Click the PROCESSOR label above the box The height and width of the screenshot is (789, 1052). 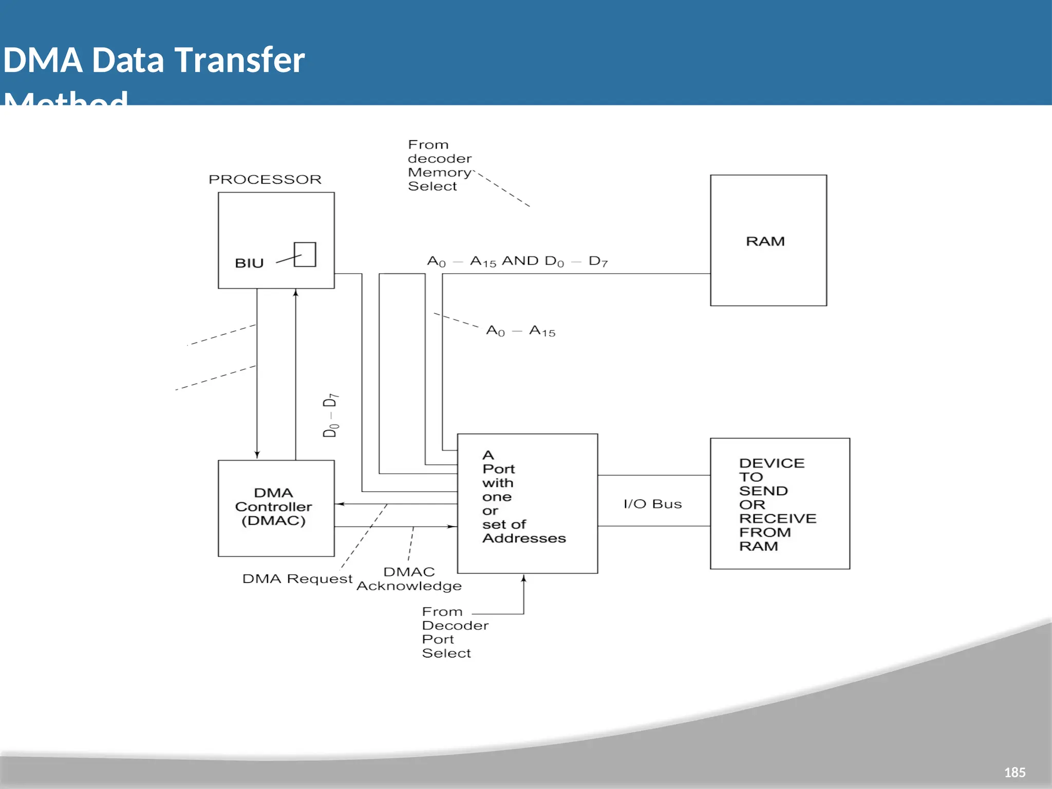265,179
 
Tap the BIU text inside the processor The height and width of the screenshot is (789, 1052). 249,263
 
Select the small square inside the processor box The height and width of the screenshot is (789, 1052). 305,254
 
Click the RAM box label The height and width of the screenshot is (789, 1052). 765,241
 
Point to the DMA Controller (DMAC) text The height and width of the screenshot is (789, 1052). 273,506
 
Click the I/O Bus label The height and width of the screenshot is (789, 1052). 652,504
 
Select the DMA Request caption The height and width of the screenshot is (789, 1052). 297,579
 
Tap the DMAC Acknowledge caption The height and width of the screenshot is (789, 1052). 409,579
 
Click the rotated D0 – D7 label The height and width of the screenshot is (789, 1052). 330,415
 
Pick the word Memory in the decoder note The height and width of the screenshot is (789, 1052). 439,173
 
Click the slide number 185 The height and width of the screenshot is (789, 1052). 1015,772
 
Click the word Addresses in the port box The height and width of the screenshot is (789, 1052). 524,538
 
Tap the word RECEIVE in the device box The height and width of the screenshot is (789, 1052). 777,518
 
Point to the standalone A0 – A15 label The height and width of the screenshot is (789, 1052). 520,331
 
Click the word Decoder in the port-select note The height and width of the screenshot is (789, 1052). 455,626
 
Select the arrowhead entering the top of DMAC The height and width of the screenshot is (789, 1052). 257,455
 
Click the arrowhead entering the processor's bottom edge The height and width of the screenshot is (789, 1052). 295,293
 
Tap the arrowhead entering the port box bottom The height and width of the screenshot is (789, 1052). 523,578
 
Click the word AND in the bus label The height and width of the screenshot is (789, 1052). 520,261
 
